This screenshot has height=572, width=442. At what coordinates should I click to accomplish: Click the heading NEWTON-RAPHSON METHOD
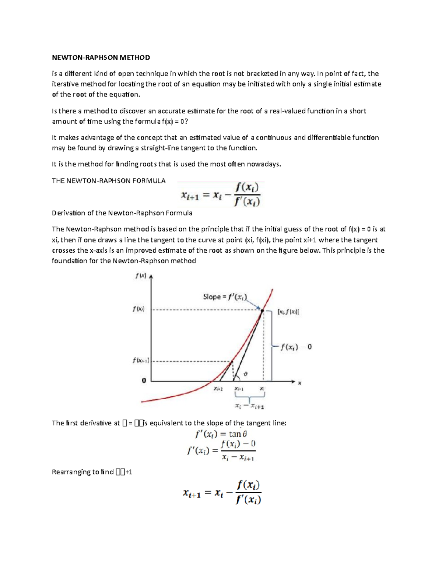click(101, 57)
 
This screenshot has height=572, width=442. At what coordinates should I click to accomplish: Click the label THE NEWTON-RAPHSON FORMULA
click(109, 181)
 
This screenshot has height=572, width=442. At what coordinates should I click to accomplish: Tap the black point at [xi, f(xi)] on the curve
click(262, 311)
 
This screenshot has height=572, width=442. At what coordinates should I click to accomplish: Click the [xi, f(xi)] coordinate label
click(288, 312)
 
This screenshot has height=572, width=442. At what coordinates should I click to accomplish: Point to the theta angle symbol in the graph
click(246, 374)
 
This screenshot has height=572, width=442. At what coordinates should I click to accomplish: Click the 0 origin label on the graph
click(144, 380)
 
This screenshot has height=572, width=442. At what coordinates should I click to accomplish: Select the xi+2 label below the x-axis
click(218, 389)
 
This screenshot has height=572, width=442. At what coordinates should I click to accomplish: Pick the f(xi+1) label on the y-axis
click(141, 361)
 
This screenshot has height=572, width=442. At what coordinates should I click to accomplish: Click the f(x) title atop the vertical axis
click(141, 276)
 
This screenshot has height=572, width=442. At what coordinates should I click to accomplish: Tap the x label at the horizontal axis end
click(299, 383)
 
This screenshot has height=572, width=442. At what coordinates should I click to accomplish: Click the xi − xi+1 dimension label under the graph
click(249, 406)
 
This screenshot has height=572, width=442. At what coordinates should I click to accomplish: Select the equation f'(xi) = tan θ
click(221, 434)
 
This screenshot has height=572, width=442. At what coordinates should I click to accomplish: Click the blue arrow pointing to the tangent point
click(254, 304)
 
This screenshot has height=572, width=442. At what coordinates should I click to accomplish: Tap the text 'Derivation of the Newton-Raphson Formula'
click(122, 213)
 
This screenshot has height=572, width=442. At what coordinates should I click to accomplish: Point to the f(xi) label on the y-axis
click(138, 309)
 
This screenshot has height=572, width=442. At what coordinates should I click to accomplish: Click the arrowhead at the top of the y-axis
click(151, 276)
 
